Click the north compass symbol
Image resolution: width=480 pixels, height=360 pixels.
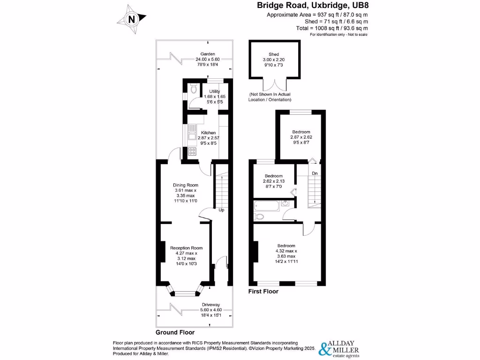[132, 20]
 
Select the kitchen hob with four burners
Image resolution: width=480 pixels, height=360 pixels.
[192, 151]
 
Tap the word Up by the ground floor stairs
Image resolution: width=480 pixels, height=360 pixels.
[221, 210]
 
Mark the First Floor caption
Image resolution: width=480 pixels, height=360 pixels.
[263, 291]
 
